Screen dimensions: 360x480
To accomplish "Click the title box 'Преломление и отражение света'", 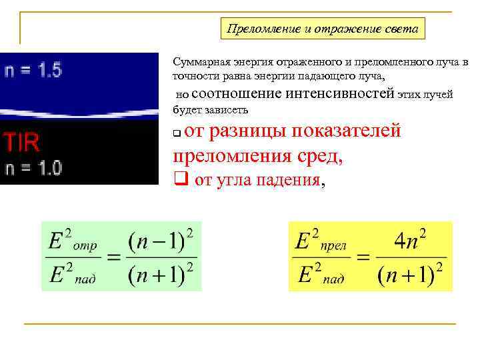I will click(x=323, y=29).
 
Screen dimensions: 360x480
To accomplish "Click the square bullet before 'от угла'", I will click(x=178, y=179).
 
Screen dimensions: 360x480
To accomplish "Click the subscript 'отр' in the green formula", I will click(x=85, y=246).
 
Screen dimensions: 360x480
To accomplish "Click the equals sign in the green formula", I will click(x=115, y=257).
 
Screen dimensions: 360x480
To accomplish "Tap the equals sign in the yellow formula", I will click(x=363, y=257).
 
